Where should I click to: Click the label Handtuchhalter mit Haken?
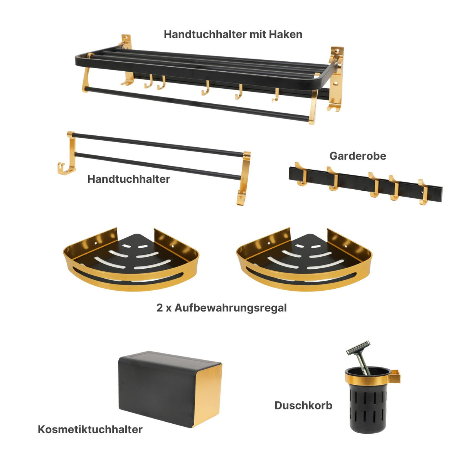[233, 34]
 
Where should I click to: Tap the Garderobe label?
[357, 156]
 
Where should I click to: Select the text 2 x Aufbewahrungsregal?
[221, 308]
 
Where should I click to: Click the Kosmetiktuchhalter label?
[90, 429]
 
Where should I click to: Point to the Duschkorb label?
[303, 406]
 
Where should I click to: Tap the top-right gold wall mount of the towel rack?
[336, 54]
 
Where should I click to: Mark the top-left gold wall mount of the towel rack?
[126, 42]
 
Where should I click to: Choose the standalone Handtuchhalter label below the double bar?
[128, 179]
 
